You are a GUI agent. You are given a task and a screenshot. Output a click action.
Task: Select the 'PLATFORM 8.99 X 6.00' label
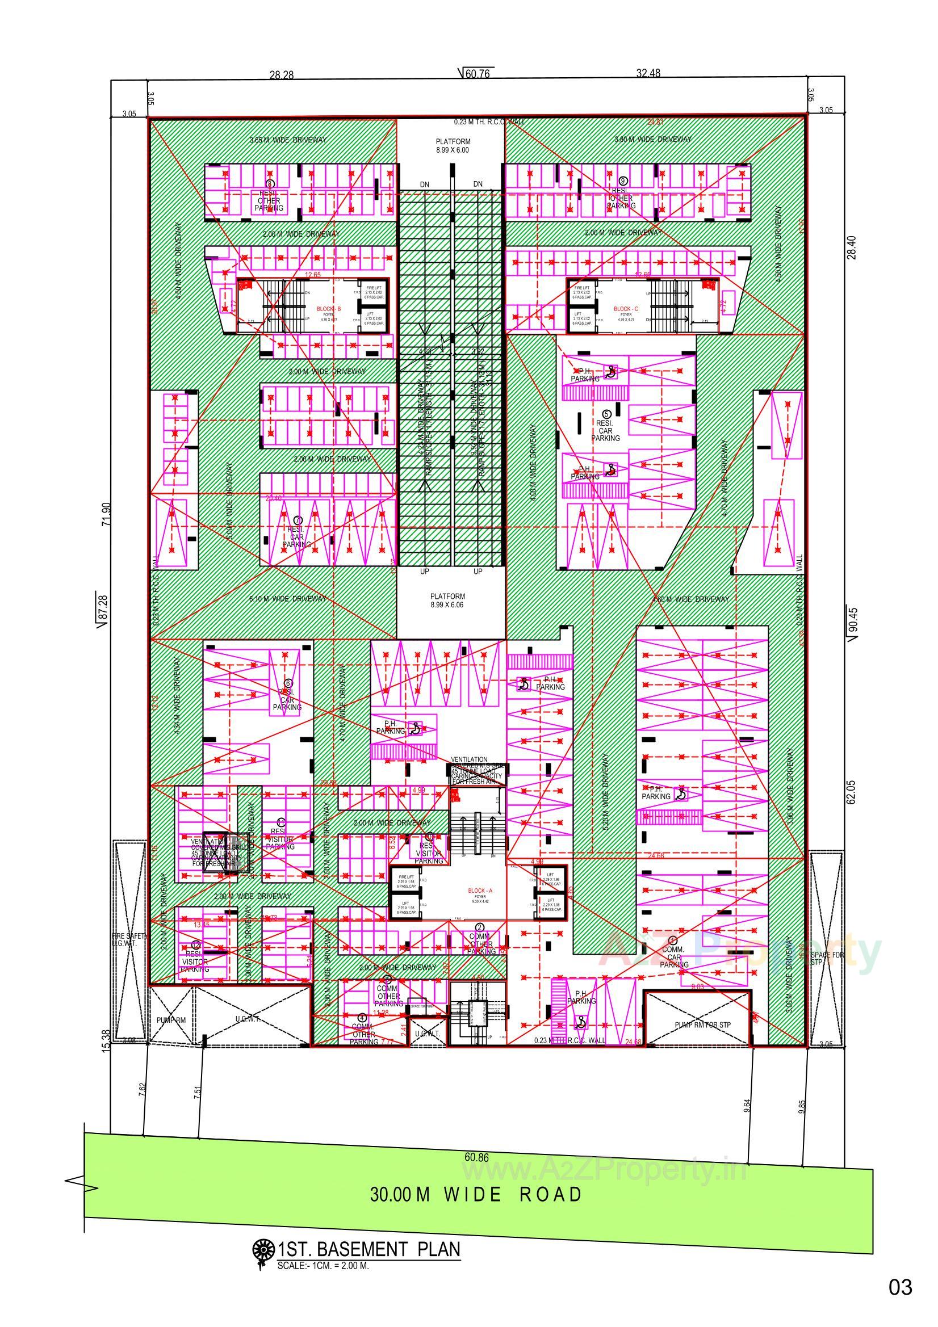(453, 145)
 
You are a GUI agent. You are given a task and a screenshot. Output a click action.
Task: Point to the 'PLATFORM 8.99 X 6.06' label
(447, 600)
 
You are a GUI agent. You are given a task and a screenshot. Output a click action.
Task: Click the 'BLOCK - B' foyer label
(329, 309)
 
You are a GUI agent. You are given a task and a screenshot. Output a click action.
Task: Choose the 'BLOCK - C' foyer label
(626, 309)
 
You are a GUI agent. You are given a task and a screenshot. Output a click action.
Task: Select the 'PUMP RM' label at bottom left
(171, 1020)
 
